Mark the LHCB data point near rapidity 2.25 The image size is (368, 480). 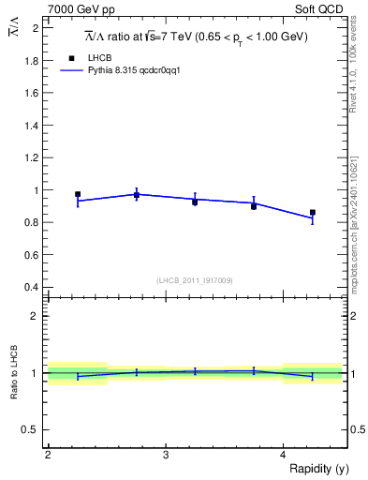pos(78,194)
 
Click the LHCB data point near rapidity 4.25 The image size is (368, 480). pos(313,213)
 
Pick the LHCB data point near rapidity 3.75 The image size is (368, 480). pos(254,206)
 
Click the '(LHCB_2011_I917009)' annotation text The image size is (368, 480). pos(196,280)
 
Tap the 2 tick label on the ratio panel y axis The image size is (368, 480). pos(35,316)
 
